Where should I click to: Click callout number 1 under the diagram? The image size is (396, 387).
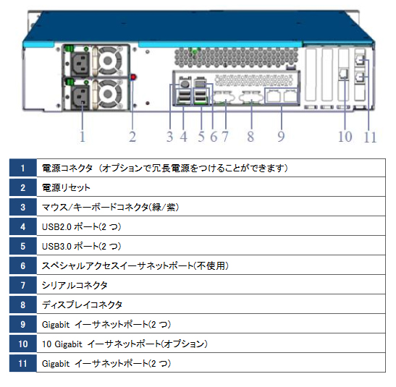pos(82,135)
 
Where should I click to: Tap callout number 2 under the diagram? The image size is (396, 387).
pos(132,135)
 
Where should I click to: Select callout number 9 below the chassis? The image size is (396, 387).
pos(281,135)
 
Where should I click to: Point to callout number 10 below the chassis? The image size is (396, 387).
pos(345,136)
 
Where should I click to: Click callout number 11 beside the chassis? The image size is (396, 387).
pos(370,137)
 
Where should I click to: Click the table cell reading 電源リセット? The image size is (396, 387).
pos(67,188)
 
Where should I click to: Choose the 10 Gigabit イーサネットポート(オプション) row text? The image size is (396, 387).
pos(125,344)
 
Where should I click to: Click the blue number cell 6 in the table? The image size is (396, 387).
pos(23,265)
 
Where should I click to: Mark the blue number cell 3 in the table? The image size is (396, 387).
pos(23,208)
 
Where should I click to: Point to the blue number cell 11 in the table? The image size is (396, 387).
pos(23,363)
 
